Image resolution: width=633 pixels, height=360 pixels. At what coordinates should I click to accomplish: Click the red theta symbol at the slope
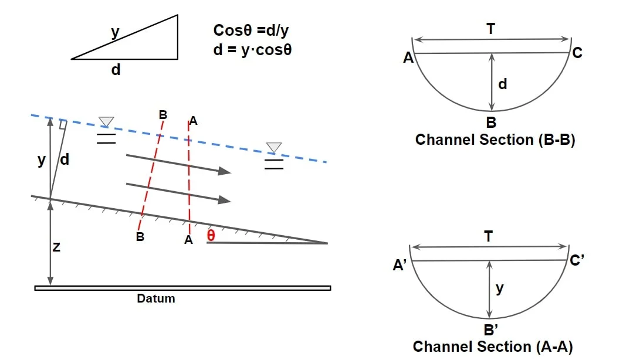(x=211, y=236)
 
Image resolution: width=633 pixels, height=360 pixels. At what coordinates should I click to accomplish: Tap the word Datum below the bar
(x=156, y=298)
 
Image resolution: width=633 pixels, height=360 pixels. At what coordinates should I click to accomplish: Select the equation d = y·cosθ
(x=253, y=50)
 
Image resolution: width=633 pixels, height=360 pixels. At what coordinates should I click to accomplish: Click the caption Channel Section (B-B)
(x=495, y=140)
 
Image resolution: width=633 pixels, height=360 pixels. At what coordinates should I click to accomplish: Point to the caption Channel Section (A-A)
(x=493, y=347)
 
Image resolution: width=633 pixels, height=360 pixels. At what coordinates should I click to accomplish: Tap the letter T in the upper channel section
(x=491, y=28)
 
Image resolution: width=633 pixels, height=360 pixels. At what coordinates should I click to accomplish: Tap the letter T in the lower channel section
(x=489, y=236)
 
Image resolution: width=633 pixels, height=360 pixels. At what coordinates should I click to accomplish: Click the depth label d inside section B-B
(x=502, y=84)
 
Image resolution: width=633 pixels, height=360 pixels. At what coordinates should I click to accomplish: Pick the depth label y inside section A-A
(x=499, y=288)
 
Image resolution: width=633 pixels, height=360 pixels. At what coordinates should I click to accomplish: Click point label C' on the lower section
(x=577, y=260)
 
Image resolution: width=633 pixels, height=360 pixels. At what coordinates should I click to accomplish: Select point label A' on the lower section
(x=400, y=265)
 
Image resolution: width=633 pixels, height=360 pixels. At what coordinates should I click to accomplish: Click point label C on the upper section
(x=577, y=53)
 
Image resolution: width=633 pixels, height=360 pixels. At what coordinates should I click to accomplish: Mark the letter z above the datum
(x=56, y=247)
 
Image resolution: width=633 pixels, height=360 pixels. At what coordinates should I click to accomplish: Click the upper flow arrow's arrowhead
(x=224, y=171)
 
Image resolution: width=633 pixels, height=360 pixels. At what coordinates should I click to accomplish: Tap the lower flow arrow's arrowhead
(x=224, y=200)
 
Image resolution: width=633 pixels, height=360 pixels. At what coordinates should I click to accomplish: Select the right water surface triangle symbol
(x=273, y=147)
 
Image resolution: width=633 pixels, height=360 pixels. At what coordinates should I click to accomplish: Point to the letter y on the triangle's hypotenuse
(x=116, y=33)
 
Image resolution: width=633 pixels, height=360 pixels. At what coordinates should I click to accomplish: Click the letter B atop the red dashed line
(x=163, y=114)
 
